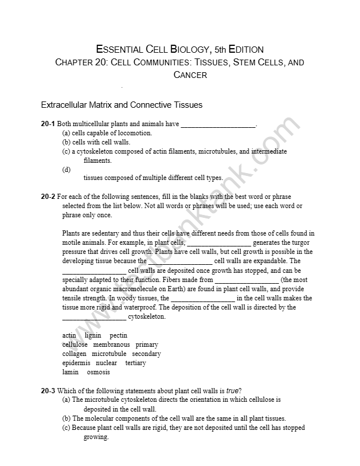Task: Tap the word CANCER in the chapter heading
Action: click(190, 75)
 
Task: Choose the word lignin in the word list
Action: click(93, 335)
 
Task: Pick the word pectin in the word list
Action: click(119, 335)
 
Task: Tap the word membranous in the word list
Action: click(111, 344)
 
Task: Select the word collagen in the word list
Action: click(74, 354)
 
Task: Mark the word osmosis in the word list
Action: click(98, 372)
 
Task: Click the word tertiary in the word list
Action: click(135, 363)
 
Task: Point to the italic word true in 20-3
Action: click(232, 391)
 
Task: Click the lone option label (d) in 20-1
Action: click(66, 170)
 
